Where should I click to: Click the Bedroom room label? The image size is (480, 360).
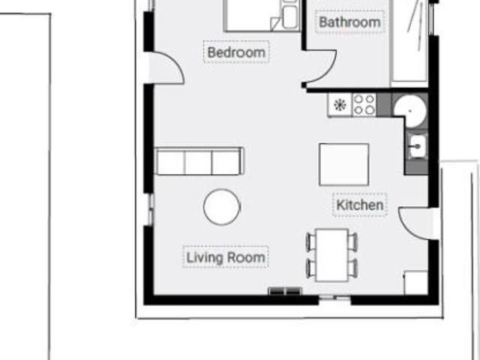pos(236,52)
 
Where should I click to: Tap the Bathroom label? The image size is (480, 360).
pos(349,22)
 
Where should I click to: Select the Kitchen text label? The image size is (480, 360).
pos(360,205)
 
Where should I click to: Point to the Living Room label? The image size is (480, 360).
pos(226,257)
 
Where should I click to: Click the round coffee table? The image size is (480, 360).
pos(222,207)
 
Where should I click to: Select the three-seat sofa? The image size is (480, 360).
pos(200,161)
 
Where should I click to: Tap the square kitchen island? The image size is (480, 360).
pos(343,165)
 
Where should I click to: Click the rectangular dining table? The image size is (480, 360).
pos(332,255)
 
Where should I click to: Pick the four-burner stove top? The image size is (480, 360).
pos(364,105)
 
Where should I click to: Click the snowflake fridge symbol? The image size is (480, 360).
pos(340,105)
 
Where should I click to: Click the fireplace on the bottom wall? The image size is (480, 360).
pos(285,291)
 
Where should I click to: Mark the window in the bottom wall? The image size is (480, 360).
pos(334,297)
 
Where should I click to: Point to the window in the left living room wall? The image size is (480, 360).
pos(151,209)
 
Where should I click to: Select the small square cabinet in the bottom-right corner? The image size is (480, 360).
pos(415,283)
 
